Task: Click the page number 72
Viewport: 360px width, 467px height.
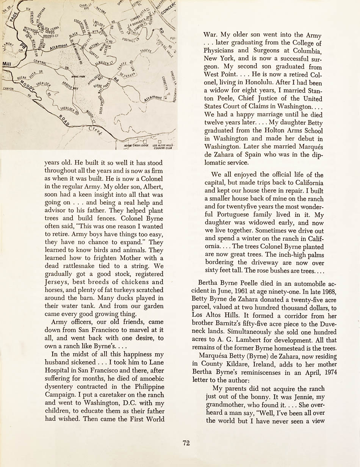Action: tap(186, 443)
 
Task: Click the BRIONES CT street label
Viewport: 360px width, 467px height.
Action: tap(50, 36)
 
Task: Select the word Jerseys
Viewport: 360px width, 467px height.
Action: tap(57, 282)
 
